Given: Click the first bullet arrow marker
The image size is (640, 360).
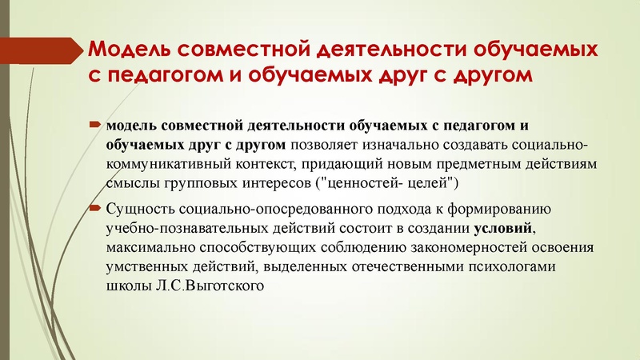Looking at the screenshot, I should tap(94, 126).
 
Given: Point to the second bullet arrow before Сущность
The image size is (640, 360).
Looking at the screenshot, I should tap(94, 210).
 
